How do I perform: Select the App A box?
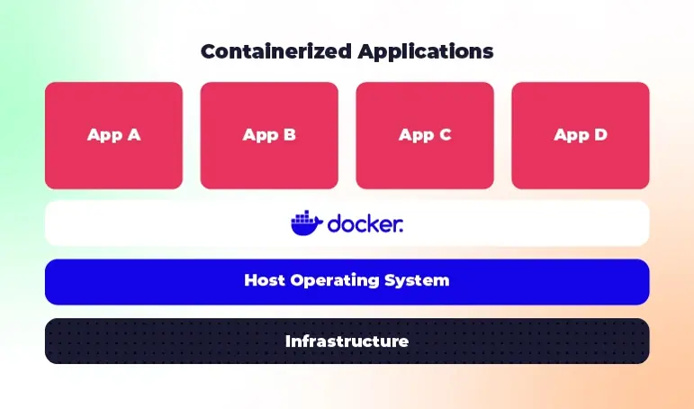click(113, 135)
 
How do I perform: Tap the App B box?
click(269, 135)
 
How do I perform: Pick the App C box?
click(425, 135)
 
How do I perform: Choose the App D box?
click(581, 135)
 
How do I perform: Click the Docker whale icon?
click(306, 223)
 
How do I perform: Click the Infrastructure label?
click(347, 341)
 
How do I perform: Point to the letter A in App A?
click(132, 135)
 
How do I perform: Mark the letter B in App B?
click(289, 135)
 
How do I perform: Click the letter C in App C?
click(445, 135)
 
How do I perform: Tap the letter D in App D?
click(599, 135)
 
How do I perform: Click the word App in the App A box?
click(104, 136)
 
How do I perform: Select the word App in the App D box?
click(571, 136)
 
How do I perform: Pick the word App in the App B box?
click(259, 136)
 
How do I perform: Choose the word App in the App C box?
click(415, 136)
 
